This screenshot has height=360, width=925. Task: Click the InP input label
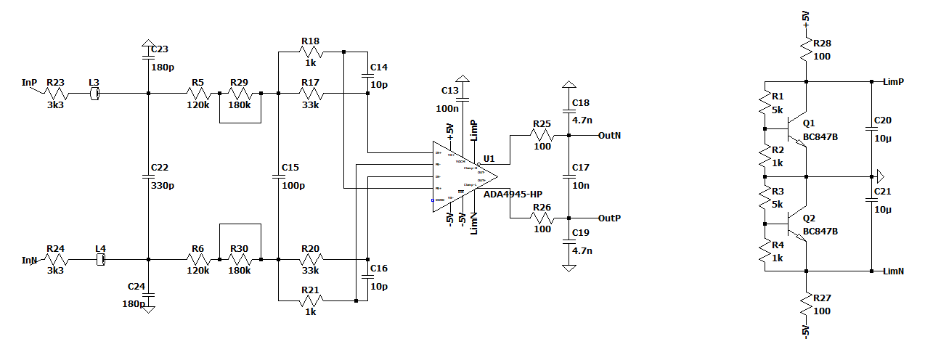click(29, 83)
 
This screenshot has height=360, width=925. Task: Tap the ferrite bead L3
click(94, 94)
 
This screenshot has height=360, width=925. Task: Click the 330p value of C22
click(162, 186)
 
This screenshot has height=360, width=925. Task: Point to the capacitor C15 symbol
click(278, 176)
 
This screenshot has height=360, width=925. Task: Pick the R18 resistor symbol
click(310, 52)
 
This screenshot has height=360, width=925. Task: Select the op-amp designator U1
click(489, 159)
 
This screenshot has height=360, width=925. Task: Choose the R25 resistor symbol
click(542, 135)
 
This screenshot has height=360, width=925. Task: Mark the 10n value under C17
click(580, 186)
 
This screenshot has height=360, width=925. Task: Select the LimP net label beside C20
click(893, 81)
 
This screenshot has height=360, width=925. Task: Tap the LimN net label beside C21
click(893, 271)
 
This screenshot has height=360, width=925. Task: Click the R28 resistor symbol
click(806, 49)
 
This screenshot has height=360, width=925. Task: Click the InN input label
click(29, 260)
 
